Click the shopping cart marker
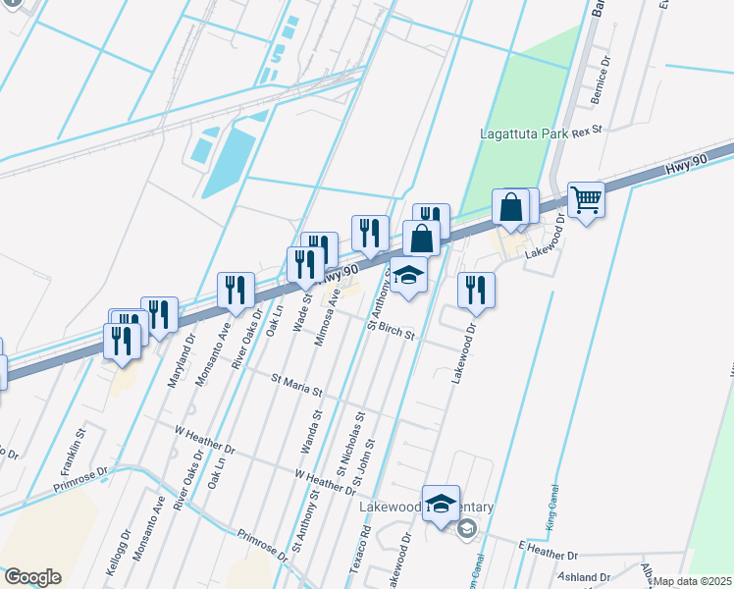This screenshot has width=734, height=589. pos(586,201)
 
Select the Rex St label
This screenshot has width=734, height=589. pos(587,129)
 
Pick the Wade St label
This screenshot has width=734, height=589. pos(299,312)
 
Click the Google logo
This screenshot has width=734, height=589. pos(32,577)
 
